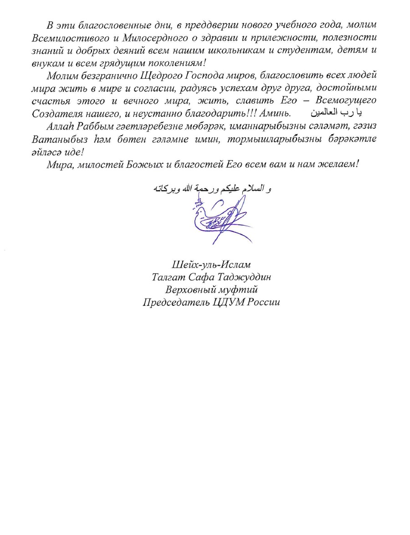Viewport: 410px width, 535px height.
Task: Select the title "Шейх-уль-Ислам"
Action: click(x=211, y=264)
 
